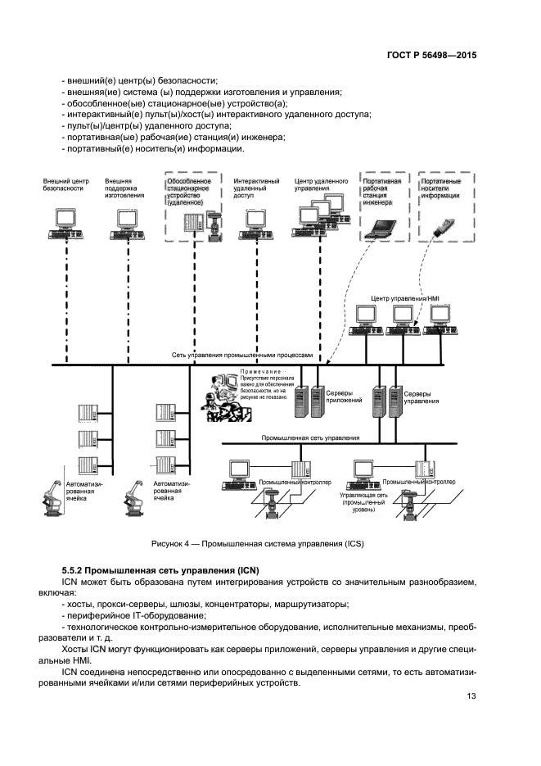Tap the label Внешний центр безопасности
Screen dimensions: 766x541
(65, 184)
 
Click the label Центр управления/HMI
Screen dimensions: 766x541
(399, 300)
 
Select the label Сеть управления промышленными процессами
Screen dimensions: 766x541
(243, 356)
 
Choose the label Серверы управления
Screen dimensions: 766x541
(421, 397)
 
